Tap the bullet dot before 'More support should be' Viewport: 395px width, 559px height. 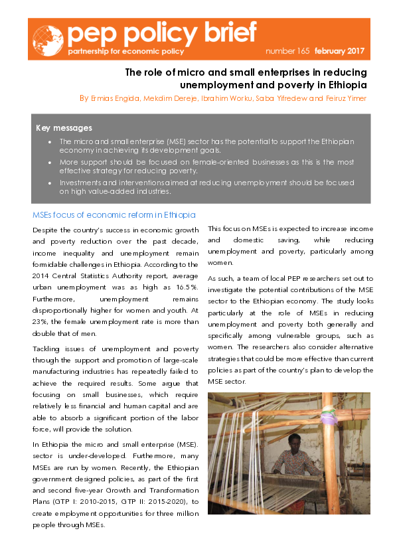[x=50, y=161]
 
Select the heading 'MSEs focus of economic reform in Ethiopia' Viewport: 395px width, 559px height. [x=114, y=214]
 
